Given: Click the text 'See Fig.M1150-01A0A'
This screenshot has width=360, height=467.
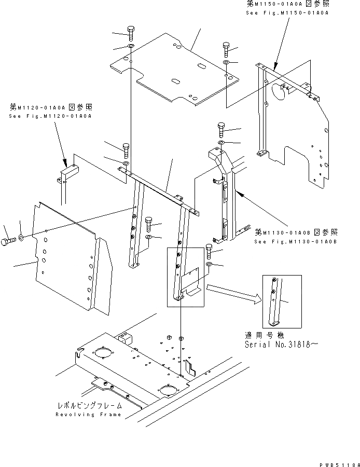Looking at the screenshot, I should click(x=287, y=12).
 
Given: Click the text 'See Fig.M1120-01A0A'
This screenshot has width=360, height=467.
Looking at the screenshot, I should click(x=50, y=116).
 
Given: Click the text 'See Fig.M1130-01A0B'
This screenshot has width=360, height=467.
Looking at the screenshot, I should click(x=295, y=241).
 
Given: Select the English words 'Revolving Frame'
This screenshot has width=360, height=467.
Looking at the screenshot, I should click(x=89, y=415).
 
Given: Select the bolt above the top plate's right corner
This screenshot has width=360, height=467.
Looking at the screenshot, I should click(x=227, y=49).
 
